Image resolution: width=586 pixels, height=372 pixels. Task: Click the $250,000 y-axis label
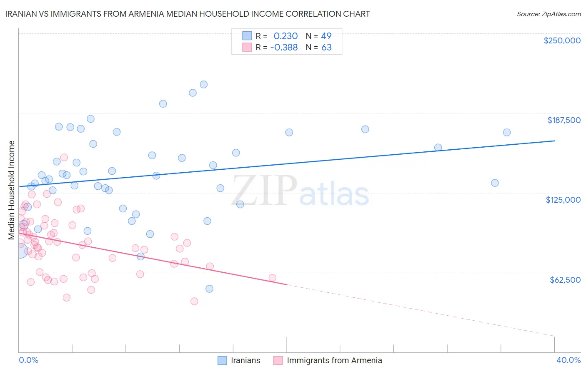tap(562, 40)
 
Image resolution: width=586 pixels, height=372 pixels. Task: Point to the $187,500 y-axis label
tap(564, 120)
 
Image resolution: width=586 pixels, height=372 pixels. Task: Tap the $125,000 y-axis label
tap(563, 200)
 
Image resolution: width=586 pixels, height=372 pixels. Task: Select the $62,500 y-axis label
tap(565, 280)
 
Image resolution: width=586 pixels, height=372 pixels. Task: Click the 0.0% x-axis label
tap(28, 360)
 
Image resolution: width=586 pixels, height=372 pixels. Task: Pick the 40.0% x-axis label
tap(568, 360)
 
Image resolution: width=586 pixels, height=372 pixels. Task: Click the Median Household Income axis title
tap(11, 190)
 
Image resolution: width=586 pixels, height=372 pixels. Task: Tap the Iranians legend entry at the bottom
tap(245, 360)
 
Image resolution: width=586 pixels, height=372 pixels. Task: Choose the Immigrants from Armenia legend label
tap(334, 360)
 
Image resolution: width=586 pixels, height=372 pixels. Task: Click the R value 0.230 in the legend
tap(285, 36)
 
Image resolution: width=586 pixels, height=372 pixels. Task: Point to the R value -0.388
tap(284, 48)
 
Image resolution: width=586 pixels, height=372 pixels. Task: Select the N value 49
tap(326, 36)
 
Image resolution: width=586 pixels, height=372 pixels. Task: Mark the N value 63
tap(326, 48)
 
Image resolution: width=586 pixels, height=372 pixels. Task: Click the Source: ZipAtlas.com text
tap(548, 14)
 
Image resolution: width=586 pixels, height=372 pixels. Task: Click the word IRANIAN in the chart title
tap(23, 14)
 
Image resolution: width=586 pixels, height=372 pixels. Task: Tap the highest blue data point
tap(204, 84)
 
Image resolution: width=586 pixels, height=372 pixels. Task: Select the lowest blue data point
tap(210, 289)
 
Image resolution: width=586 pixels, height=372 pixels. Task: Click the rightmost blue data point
tap(507, 133)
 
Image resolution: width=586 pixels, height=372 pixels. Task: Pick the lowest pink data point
tap(194, 301)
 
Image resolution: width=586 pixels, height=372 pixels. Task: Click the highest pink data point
tap(64, 157)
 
